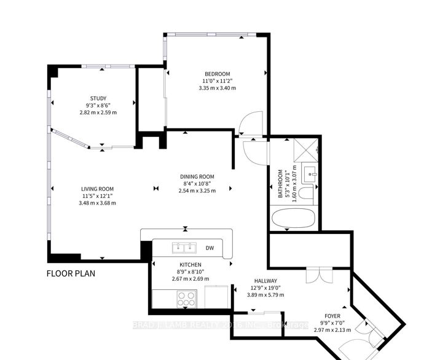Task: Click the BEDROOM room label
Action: coord(216,72)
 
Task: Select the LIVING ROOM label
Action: coord(98,189)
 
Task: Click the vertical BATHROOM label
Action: coord(280,184)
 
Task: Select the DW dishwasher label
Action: coord(210,248)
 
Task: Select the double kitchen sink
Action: coord(183,248)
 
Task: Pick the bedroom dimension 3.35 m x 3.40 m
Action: coord(216,88)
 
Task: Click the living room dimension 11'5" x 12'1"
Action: coord(98,196)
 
